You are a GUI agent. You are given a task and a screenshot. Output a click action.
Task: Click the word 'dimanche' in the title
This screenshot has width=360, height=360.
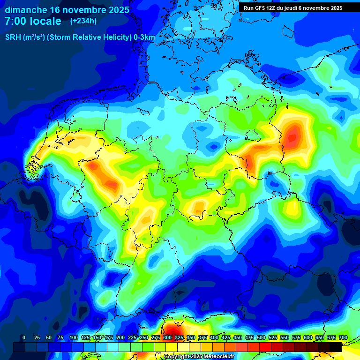click(25, 10)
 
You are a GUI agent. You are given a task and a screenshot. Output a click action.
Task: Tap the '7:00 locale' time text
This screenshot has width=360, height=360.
click(33, 21)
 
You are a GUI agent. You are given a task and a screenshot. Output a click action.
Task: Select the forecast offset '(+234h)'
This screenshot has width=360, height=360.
click(83, 21)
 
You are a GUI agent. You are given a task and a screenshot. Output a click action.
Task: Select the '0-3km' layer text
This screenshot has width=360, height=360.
click(144, 37)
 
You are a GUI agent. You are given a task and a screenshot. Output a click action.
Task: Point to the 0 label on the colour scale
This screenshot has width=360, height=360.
click(23, 337)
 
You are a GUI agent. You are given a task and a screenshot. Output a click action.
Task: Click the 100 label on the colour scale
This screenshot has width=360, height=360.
click(74, 337)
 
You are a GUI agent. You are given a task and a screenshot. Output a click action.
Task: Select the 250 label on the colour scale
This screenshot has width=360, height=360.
click(144, 337)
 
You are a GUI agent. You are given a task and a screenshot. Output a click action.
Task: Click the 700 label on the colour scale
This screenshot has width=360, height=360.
click(343, 337)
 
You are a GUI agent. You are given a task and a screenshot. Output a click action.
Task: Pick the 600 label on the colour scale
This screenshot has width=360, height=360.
click(308, 337)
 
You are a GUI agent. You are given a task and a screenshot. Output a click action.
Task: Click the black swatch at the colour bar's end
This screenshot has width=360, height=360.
click(335, 347)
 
